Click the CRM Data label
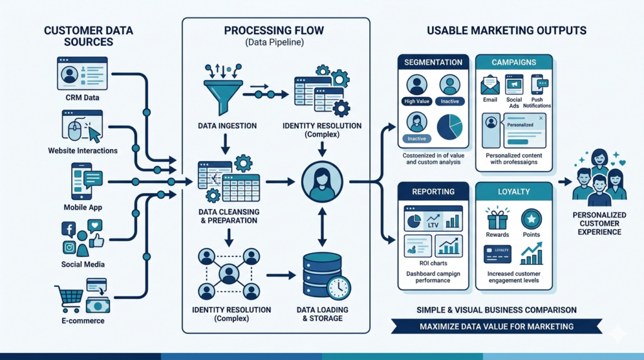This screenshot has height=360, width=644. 82,98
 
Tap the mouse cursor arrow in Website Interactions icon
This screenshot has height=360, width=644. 93,133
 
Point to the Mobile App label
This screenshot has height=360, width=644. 82,207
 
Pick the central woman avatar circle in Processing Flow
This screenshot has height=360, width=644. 321,182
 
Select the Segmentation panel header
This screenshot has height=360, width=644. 433,63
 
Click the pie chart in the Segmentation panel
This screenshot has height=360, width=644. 449,126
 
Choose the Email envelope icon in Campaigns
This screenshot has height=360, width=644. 490,84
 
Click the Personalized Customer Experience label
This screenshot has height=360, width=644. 599,223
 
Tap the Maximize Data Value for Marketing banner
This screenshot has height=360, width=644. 496,326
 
